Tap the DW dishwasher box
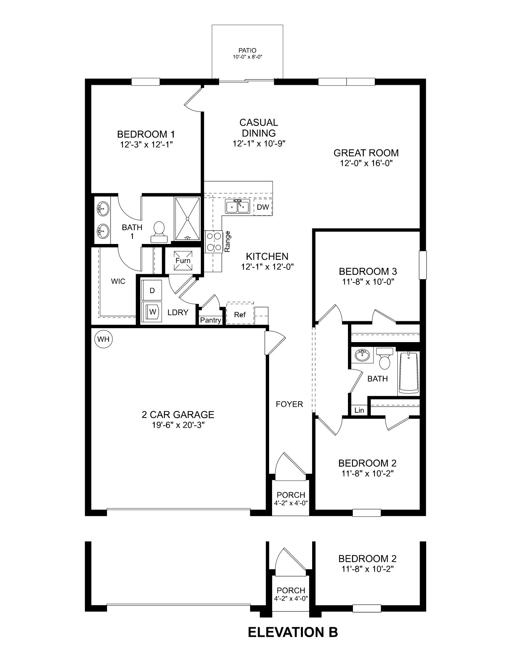tap(263, 207)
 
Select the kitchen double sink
tap(237, 207)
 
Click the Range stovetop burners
tap(214, 242)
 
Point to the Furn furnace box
tap(183, 260)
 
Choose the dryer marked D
tap(152, 290)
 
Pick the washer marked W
tap(152, 312)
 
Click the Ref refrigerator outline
tap(240, 314)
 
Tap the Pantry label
tap(210, 320)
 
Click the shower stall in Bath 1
tap(187, 219)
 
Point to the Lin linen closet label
tap(359, 410)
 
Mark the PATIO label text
tap(247, 51)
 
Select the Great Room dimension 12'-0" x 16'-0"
tap(366, 163)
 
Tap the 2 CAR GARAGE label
tap(178, 414)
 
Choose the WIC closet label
tap(118, 281)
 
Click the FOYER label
tap(290, 404)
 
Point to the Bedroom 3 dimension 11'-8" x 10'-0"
tap(368, 282)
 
